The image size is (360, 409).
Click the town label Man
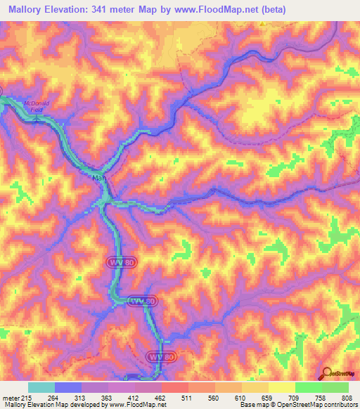tap(99, 178)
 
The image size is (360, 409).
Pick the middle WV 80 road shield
tap(143, 300)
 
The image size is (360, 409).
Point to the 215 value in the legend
tap(26, 397)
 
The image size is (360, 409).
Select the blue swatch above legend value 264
tap(68, 387)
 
